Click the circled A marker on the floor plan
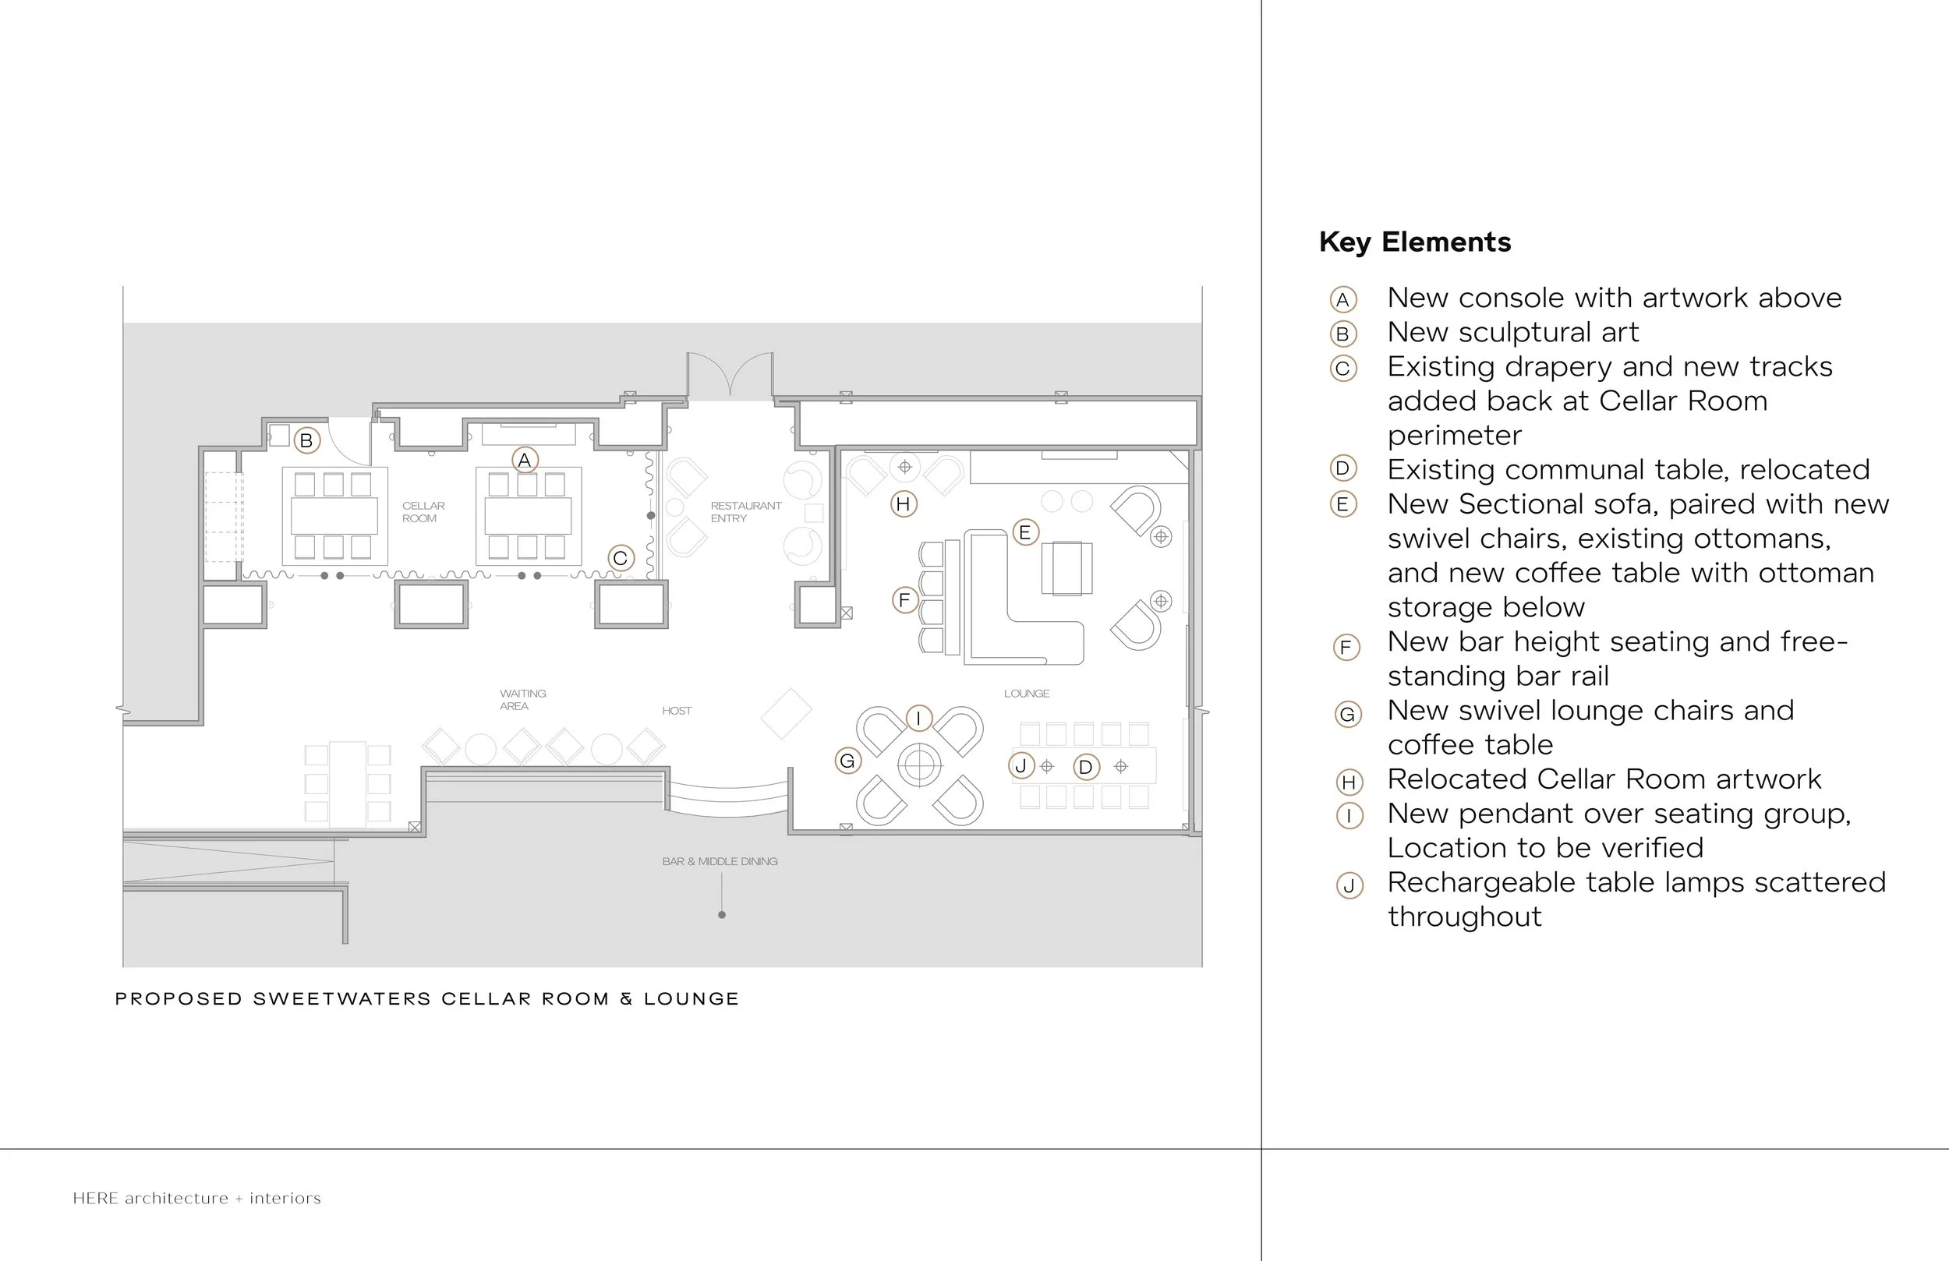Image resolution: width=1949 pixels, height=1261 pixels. [525, 460]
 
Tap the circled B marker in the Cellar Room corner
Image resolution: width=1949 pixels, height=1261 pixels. [306, 440]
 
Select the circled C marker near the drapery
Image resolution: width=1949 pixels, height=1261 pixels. [621, 559]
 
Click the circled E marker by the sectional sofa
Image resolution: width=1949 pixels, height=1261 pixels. [1024, 532]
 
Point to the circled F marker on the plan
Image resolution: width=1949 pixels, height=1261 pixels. [904, 600]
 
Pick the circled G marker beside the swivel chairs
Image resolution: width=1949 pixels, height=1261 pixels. [847, 761]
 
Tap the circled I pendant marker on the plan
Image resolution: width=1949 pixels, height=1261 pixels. [919, 719]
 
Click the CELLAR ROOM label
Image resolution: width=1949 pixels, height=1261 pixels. [423, 512]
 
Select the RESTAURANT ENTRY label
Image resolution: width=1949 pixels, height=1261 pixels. [745, 512]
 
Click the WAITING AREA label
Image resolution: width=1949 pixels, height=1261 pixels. [522, 699]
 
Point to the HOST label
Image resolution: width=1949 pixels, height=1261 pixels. [677, 711]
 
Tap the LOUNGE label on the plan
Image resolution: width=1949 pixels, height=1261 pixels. [1026, 694]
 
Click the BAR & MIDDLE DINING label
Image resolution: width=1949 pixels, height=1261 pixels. [720, 861]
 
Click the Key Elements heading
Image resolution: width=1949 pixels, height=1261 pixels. [1414, 242]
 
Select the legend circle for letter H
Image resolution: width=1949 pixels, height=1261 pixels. [1348, 782]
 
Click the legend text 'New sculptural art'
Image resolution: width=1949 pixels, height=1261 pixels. [1512, 333]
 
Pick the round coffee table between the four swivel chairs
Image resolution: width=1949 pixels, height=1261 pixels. [919, 765]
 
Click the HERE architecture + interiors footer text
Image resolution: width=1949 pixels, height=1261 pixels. [196, 1199]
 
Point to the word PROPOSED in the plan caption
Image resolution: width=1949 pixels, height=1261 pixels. [179, 999]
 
